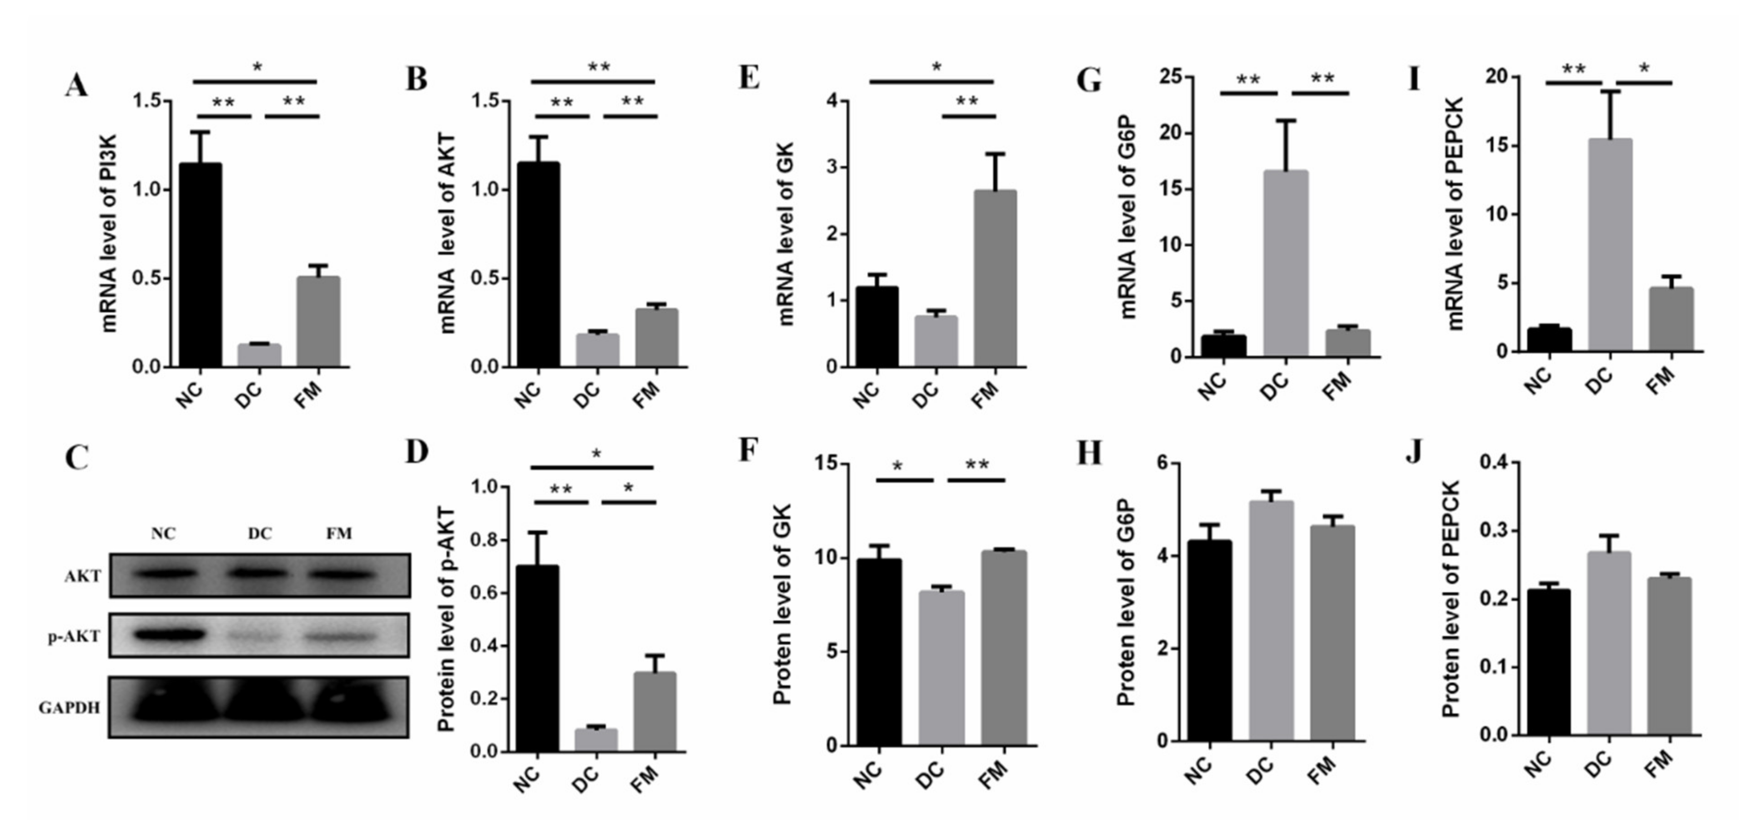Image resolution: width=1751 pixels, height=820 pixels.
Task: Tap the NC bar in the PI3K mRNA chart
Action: click(201, 265)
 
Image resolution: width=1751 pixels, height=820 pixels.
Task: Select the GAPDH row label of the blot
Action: click(69, 708)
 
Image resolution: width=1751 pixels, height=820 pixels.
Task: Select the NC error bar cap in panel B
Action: click(538, 137)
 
